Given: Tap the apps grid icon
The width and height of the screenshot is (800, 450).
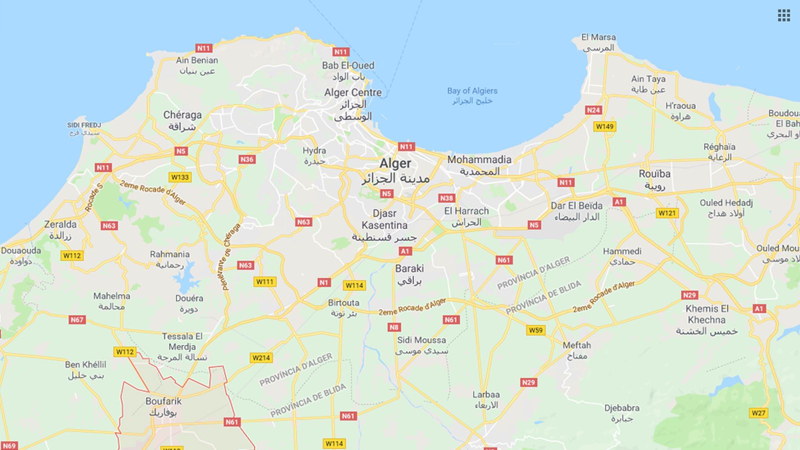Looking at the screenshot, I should pos(783,15).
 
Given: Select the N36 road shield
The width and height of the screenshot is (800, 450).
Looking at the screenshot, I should pos(246,159).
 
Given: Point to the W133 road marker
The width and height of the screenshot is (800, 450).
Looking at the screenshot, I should pos(180,177).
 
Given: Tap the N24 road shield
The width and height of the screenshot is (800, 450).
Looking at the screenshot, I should pos(593,110).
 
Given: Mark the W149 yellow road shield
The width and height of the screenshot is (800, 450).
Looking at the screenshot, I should pos(604,126).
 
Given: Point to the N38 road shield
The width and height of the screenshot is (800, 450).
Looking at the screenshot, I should pos(446,198).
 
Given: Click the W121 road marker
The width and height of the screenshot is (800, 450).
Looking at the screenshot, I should pos(667,213).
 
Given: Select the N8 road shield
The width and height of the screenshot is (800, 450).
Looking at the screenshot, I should pos(394,327).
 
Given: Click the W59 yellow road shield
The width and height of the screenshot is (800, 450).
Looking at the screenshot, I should pos(535,330).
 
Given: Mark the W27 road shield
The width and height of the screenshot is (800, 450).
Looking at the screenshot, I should pos(758,413).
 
